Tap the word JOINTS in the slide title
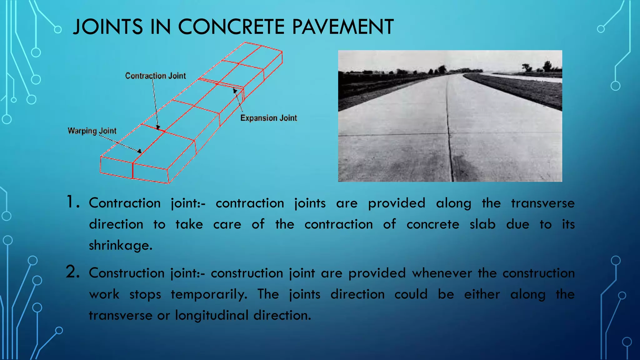(x=108, y=27)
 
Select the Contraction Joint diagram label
(x=155, y=76)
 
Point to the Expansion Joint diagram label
(x=268, y=118)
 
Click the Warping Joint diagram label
(x=92, y=131)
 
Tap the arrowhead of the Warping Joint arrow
(x=139, y=151)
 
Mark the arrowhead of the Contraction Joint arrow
(x=158, y=127)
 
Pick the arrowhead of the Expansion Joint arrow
(x=235, y=91)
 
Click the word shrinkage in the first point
(x=120, y=245)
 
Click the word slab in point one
(x=482, y=224)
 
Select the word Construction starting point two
(x=126, y=273)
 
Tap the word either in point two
(x=482, y=294)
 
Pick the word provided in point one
(x=397, y=203)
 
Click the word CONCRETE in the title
(x=231, y=27)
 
